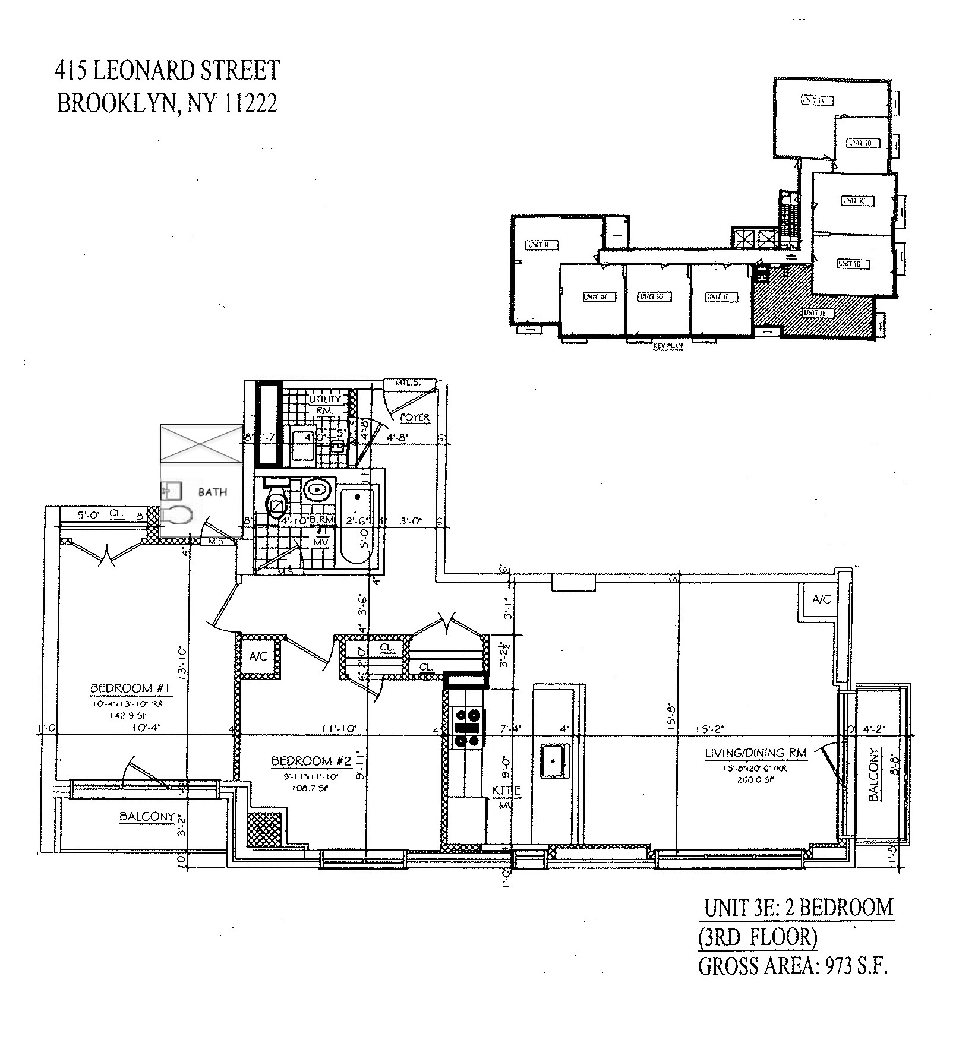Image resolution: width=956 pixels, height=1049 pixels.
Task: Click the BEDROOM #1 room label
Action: pyautogui.click(x=131, y=688)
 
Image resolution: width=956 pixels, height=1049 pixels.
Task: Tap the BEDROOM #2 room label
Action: pyautogui.click(x=311, y=761)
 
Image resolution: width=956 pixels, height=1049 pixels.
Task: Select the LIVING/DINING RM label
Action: pyautogui.click(x=756, y=753)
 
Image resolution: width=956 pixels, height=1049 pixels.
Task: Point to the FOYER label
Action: pyautogui.click(x=415, y=418)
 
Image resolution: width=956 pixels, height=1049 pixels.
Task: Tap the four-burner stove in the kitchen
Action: pyautogui.click(x=467, y=728)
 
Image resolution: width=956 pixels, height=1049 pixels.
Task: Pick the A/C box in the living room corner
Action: pyautogui.click(x=821, y=600)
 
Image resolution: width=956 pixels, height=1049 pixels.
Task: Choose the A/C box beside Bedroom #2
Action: pyautogui.click(x=258, y=656)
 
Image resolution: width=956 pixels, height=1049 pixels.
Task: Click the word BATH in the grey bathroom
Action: pyautogui.click(x=212, y=492)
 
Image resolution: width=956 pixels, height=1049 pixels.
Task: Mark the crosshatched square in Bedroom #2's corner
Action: pyautogui.click(x=264, y=829)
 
